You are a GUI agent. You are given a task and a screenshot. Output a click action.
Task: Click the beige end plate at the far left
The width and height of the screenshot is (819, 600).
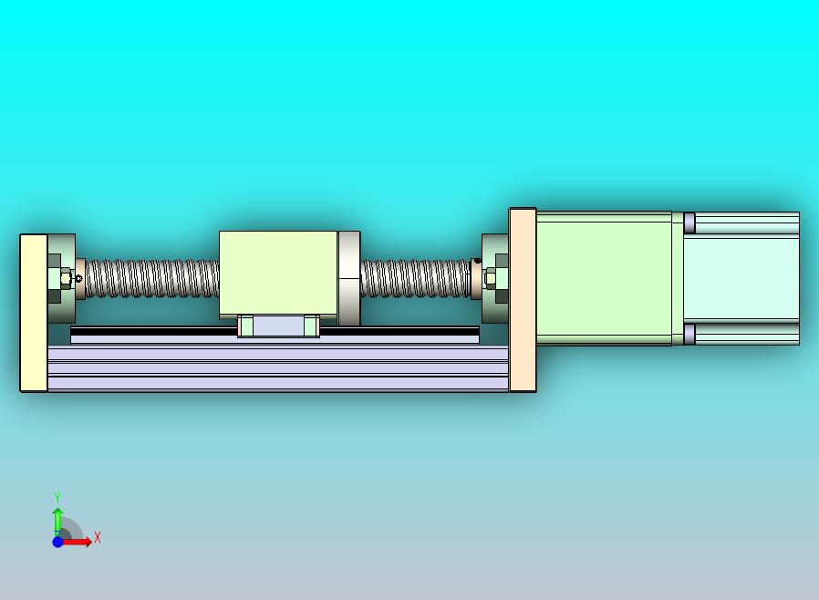(34, 313)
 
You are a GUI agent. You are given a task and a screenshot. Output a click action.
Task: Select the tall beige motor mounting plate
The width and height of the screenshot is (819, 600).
(523, 299)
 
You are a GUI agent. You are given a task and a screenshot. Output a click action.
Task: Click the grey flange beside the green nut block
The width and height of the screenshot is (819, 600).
(348, 277)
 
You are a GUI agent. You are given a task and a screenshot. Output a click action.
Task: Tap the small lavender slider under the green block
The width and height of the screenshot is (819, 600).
(278, 326)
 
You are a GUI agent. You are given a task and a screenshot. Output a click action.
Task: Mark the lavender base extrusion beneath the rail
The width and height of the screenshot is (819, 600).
(274, 369)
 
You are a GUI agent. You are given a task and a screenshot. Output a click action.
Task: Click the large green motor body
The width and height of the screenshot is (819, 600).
(604, 278)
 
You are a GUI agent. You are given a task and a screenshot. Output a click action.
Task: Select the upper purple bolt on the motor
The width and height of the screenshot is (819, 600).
(689, 222)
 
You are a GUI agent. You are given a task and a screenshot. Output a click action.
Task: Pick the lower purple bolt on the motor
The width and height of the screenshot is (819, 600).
(689, 335)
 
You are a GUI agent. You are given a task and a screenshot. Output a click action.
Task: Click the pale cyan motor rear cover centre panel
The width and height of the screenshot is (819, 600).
(741, 277)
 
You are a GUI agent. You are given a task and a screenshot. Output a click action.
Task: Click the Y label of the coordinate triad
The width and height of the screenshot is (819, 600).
(57, 497)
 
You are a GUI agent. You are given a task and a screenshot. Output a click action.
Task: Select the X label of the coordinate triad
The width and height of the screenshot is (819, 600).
(98, 538)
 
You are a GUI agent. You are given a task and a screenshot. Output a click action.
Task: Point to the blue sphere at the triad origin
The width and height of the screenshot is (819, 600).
(57, 542)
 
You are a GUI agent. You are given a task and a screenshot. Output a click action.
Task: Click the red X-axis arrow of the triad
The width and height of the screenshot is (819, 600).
(78, 542)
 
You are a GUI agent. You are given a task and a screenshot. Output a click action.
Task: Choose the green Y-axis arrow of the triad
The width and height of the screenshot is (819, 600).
(57, 520)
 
